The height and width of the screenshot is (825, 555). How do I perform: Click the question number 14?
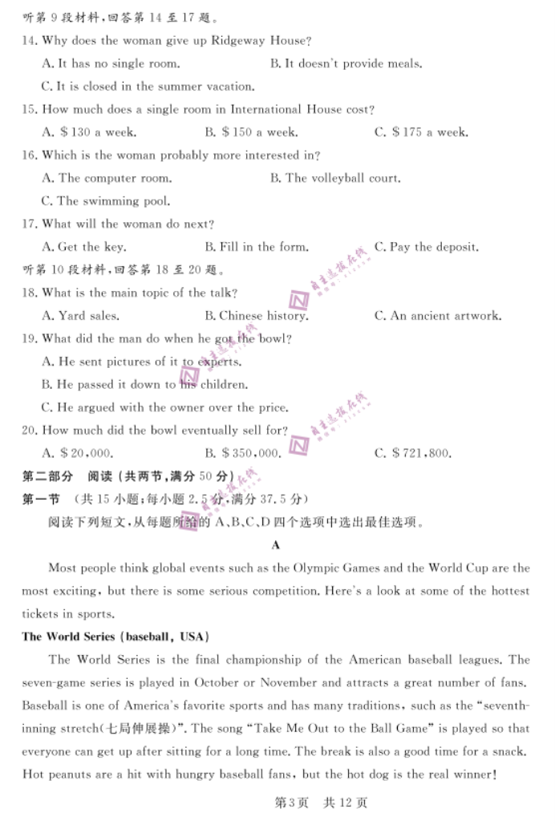click(30, 41)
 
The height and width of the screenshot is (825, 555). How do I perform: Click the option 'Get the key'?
click(83, 247)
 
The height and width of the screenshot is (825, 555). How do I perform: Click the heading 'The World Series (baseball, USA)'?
click(115, 637)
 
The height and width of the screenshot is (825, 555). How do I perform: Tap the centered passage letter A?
click(276, 545)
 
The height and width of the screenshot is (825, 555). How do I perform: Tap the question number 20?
click(30, 431)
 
